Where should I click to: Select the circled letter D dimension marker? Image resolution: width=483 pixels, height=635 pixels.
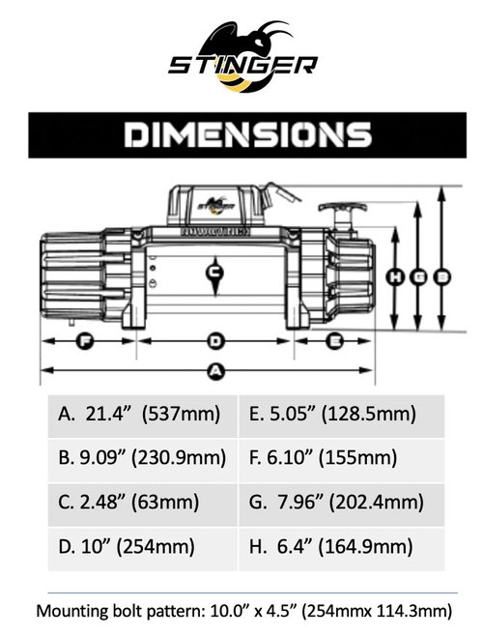point(216,341)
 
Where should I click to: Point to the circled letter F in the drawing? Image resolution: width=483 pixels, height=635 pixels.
point(83,341)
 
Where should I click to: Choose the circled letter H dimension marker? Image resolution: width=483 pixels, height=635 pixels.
point(394,277)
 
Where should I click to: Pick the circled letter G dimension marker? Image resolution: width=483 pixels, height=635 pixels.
point(418,277)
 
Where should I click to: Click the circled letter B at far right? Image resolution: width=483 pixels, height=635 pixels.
point(442,277)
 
